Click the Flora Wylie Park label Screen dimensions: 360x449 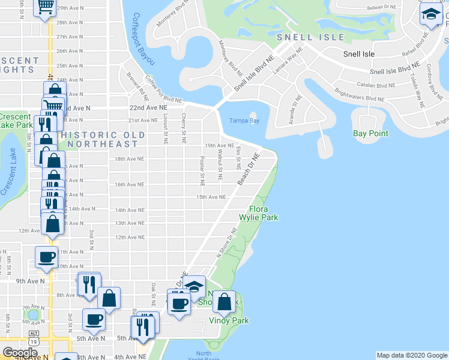pyautogui.click(x=259, y=213)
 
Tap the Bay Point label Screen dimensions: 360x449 pyautogui.click(x=370, y=133)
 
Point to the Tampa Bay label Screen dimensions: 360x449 pyautogui.click(x=244, y=121)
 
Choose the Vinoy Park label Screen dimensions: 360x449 pyautogui.click(x=228, y=320)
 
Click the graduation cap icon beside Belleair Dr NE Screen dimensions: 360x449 pyautogui.click(x=431, y=14)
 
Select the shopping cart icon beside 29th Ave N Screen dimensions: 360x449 pyautogui.click(x=45, y=7)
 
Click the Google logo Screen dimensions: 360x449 pyautogui.click(x=20, y=353)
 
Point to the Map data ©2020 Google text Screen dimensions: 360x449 pyautogui.click(x=411, y=355)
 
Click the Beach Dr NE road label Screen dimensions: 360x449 pyautogui.click(x=248, y=169)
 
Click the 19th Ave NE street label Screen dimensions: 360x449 pyautogui.click(x=219, y=145)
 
